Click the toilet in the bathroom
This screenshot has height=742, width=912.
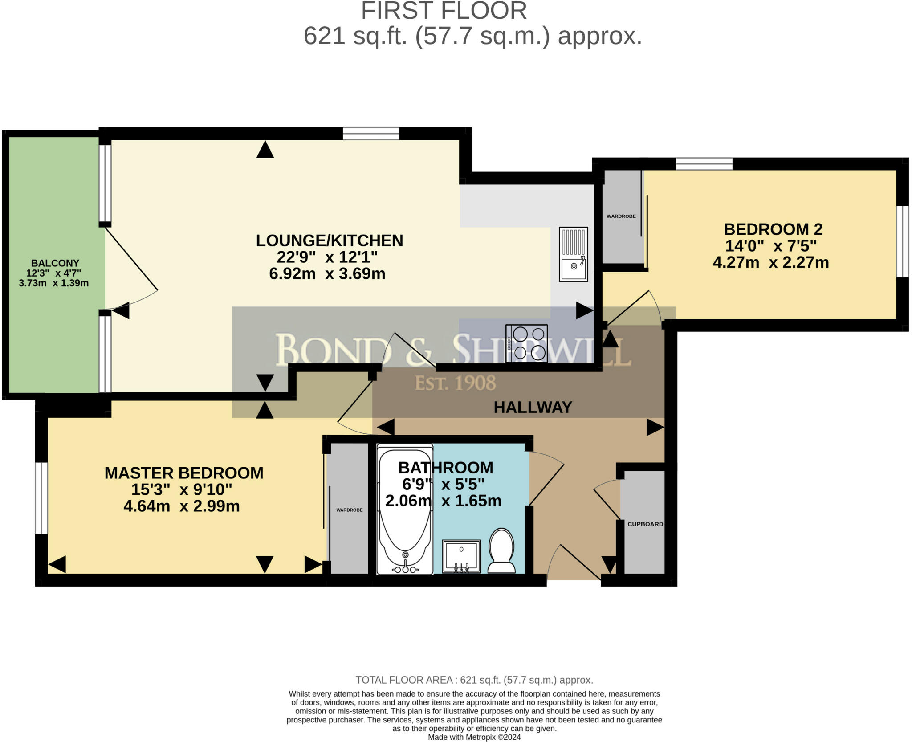(501, 550)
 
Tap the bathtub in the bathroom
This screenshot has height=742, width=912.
(405, 509)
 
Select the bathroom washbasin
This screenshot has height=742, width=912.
(461, 556)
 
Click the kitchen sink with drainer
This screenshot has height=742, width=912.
(574, 254)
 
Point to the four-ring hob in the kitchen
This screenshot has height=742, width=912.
(527, 343)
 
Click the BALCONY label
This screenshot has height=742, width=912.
(55, 263)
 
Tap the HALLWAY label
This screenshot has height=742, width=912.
(533, 407)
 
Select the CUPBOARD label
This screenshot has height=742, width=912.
(645, 524)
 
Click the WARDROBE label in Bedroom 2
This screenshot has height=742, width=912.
(621, 216)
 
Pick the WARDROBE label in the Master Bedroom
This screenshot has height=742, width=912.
(350, 510)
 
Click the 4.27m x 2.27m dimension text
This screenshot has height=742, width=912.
(771, 262)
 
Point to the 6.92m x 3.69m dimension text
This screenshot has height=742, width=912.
(327, 273)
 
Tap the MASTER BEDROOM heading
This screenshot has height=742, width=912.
(184, 473)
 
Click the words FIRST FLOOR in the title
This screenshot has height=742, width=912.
(444, 11)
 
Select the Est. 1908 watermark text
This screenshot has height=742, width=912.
(456, 383)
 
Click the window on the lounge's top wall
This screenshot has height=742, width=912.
(371, 133)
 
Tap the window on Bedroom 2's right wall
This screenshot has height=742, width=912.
(902, 241)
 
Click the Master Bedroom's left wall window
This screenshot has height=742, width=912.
(41, 498)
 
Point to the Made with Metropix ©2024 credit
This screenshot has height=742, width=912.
(474, 737)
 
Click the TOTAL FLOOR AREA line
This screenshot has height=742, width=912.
(474, 680)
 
